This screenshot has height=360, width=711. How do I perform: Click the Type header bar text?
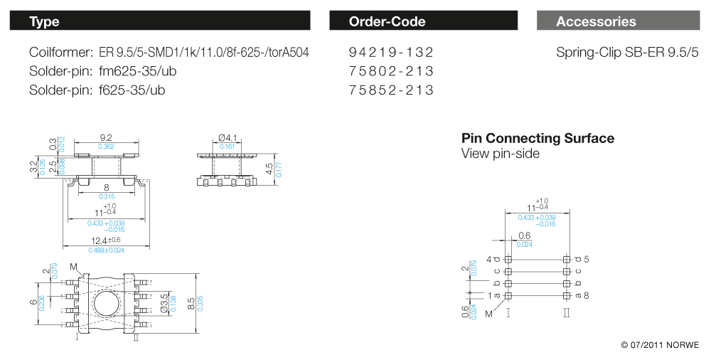[44, 21]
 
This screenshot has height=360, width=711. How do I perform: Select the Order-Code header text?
[387, 21]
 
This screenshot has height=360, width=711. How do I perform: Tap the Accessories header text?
[596, 21]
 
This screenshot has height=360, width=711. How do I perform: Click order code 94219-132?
[391, 53]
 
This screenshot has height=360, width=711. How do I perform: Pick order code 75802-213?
[391, 71]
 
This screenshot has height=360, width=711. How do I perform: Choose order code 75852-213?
[391, 90]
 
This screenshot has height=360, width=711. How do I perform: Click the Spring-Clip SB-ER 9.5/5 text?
[627, 53]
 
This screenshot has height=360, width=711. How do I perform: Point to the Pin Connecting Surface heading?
[538, 138]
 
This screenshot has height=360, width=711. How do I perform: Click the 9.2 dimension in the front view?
[107, 138]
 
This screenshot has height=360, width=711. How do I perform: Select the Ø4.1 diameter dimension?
[226, 138]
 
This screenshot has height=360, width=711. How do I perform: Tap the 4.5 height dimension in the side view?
[269, 169]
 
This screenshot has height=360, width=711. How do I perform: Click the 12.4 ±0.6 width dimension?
[100, 241]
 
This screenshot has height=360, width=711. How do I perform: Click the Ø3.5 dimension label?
[164, 302]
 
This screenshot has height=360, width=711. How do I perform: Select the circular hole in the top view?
[107, 302]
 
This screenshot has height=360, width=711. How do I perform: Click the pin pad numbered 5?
[567, 259]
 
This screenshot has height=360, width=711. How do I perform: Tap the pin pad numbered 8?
[567, 295]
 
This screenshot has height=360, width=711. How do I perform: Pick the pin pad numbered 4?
[508, 259]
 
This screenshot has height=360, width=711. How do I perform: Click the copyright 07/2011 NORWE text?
[659, 345]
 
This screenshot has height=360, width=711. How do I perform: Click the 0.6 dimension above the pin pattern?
[525, 235]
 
